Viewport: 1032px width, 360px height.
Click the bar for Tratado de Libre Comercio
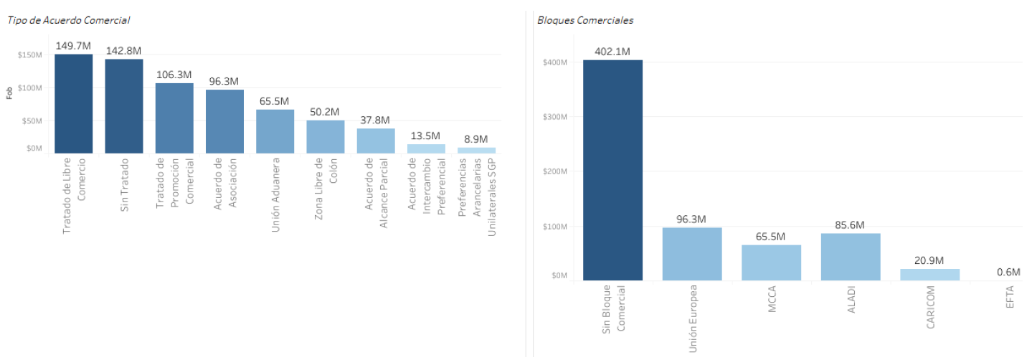pyautogui.click(x=73, y=103)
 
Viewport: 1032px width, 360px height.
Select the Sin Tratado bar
pyautogui.click(x=124, y=106)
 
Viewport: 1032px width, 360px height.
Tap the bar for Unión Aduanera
pyautogui.click(x=275, y=131)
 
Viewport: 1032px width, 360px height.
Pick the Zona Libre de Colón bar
pyautogui.click(x=326, y=136)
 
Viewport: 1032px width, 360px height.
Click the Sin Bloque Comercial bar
pyautogui.click(x=612, y=170)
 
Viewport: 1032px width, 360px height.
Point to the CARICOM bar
pyautogui.click(x=930, y=275)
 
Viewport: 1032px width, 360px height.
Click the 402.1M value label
pyautogui.click(x=612, y=52)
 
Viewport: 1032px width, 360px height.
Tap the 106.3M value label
pyautogui.click(x=174, y=75)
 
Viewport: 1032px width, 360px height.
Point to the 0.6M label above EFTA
pyautogui.click(x=1009, y=273)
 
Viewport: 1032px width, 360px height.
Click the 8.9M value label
pyautogui.click(x=476, y=139)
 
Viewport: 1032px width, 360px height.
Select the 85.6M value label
pyautogui.click(x=851, y=225)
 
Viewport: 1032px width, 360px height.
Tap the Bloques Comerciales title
pyautogui.click(x=585, y=20)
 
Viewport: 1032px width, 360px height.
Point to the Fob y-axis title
pyautogui.click(x=9, y=93)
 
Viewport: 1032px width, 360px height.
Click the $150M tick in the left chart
pyautogui.click(x=30, y=55)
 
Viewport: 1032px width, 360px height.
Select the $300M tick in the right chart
pyautogui.click(x=555, y=117)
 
